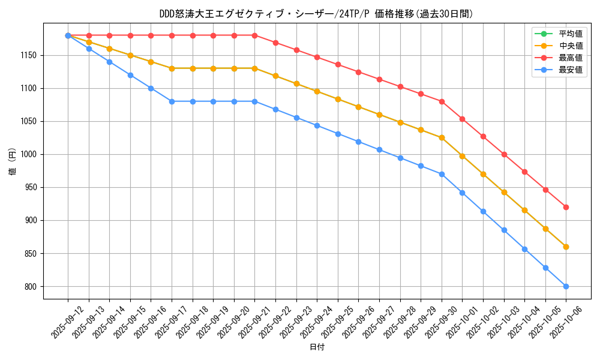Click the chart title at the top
pyautogui.click(x=316, y=14)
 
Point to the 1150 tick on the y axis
pyautogui.click(x=28, y=55)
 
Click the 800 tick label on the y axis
pyautogui.click(x=31, y=287)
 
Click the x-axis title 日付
pyautogui.click(x=316, y=347)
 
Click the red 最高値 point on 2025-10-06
pyautogui.click(x=566, y=207)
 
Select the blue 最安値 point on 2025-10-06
pyautogui.click(x=566, y=286)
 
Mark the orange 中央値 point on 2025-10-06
pyautogui.click(x=566, y=247)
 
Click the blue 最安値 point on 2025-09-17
pyautogui.click(x=172, y=101)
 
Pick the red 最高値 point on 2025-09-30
pyautogui.click(x=442, y=101)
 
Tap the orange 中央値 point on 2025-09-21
pyautogui.click(x=254, y=68)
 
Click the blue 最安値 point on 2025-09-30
pyautogui.click(x=442, y=174)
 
